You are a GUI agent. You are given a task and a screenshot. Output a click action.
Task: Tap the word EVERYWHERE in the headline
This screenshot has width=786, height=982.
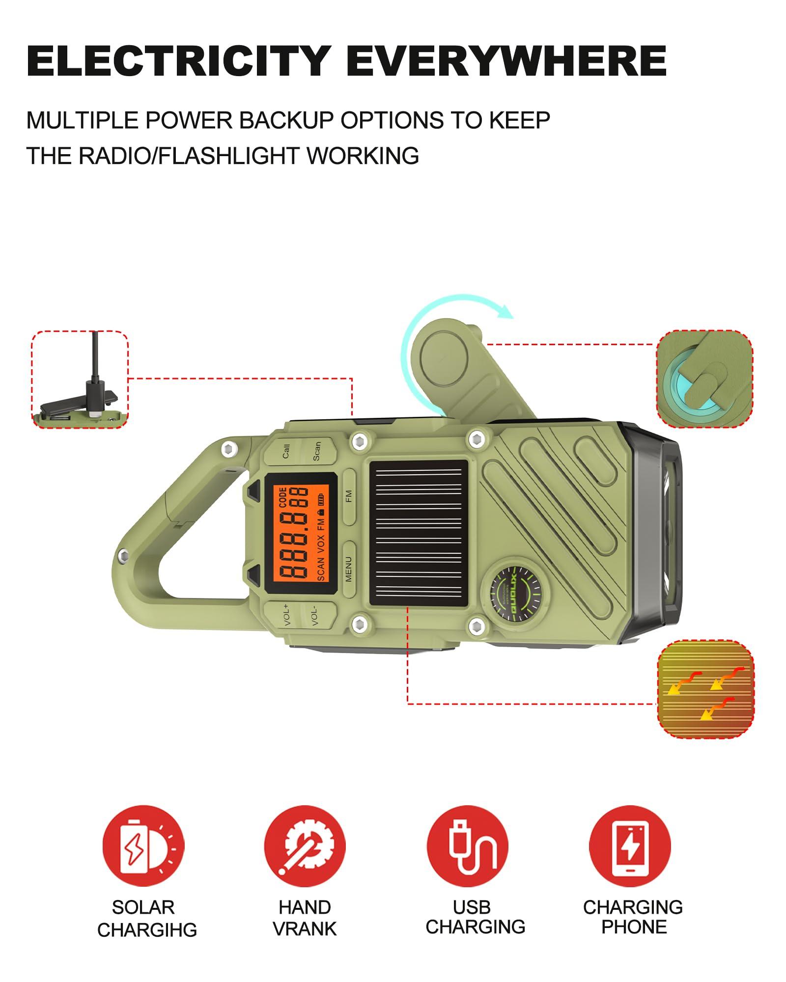[x=506, y=61]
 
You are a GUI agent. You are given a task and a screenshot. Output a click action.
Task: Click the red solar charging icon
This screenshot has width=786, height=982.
[x=143, y=846]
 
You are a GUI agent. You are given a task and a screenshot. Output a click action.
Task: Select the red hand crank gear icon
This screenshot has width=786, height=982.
[x=305, y=846]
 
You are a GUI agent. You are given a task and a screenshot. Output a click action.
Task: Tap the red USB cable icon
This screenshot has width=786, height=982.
[x=467, y=846]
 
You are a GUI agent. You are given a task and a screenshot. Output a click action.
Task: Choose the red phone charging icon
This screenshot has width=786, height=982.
[x=629, y=846]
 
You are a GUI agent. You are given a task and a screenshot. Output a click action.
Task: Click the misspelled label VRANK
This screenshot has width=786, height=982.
[x=305, y=928]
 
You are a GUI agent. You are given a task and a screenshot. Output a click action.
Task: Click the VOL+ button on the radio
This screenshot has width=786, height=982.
[x=286, y=616]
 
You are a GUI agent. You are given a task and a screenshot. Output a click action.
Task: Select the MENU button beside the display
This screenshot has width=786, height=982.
[x=349, y=569]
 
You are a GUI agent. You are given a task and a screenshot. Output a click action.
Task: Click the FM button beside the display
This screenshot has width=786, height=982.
[x=349, y=496]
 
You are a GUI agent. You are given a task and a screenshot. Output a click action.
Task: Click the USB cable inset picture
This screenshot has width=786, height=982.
[x=80, y=379]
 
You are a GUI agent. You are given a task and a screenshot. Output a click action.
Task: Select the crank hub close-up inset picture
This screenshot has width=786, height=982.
[x=705, y=379]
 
